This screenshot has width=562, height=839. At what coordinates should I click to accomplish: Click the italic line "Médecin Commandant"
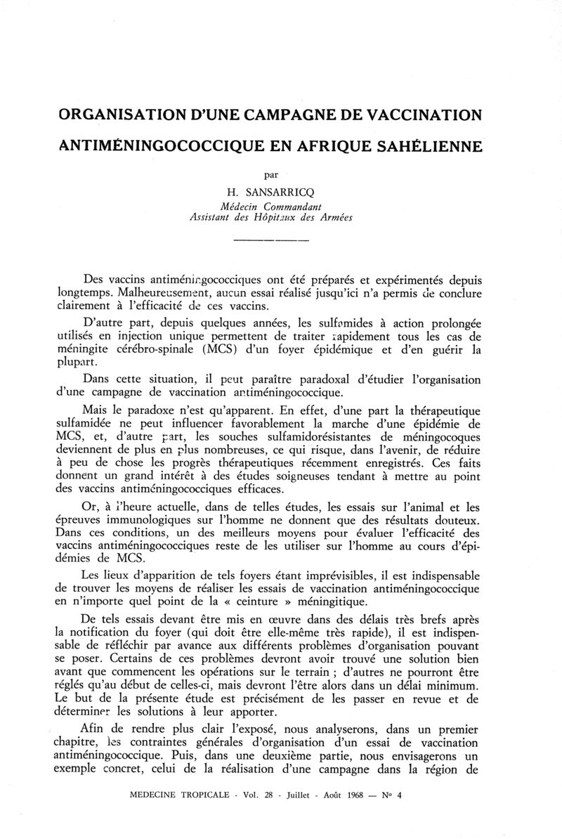point(271,206)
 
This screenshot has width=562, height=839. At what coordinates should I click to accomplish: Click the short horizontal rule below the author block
point(270,242)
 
